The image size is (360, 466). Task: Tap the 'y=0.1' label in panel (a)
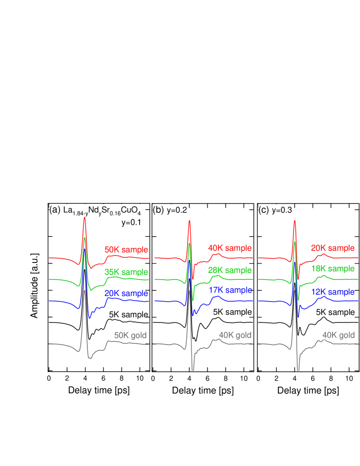[x=132, y=222]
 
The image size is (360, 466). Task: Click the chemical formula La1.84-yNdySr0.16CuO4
[x=102, y=210]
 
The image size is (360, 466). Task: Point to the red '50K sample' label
[x=126, y=250]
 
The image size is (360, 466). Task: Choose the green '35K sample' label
[x=126, y=272]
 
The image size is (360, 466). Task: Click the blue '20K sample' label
[x=126, y=293]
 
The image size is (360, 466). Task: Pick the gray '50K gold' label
[x=131, y=336]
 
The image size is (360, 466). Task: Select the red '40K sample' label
[x=230, y=248]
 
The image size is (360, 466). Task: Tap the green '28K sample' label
[x=230, y=270]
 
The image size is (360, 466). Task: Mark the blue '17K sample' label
[x=230, y=290]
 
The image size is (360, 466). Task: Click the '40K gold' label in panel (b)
[x=235, y=336]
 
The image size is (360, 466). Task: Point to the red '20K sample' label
[x=332, y=248]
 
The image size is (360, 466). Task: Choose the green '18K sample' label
[x=332, y=269]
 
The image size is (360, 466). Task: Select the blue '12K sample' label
[x=332, y=292]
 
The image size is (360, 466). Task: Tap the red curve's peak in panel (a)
[x=84, y=218]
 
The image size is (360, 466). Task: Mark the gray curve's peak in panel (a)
[x=84, y=291]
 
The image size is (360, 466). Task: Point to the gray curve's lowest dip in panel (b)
[x=193, y=370]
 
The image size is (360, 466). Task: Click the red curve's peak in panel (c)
[x=295, y=220]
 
